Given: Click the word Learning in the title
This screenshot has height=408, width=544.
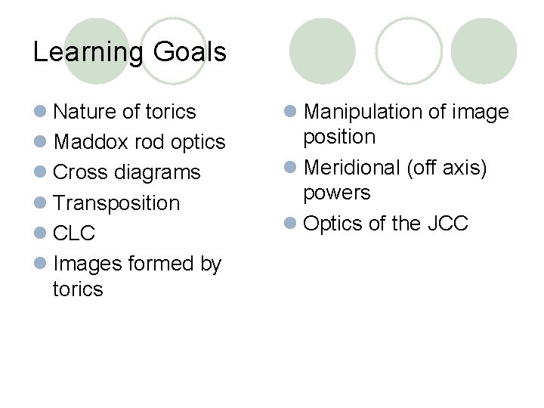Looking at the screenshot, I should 88,52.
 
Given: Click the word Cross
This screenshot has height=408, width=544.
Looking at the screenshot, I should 78,172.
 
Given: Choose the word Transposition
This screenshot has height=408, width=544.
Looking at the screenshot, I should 117,203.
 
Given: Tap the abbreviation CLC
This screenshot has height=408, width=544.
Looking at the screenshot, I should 74,233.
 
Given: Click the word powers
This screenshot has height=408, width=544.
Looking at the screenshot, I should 337,193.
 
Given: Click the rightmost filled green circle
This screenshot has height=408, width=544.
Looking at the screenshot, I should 484,51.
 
